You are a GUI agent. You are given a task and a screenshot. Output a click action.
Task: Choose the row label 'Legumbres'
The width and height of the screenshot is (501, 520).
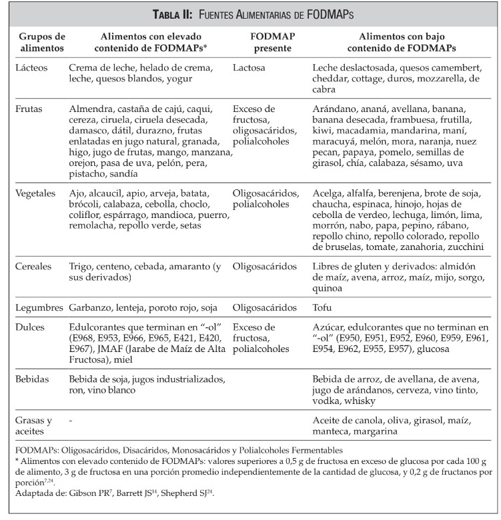tap(37, 308)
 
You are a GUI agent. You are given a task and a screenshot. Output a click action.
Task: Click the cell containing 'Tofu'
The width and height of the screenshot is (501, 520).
tap(322, 308)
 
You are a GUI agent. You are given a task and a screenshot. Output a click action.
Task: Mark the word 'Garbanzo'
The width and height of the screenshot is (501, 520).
tap(90, 308)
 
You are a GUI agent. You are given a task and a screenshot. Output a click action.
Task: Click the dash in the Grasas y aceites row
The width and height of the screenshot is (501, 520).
tap(71, 421)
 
